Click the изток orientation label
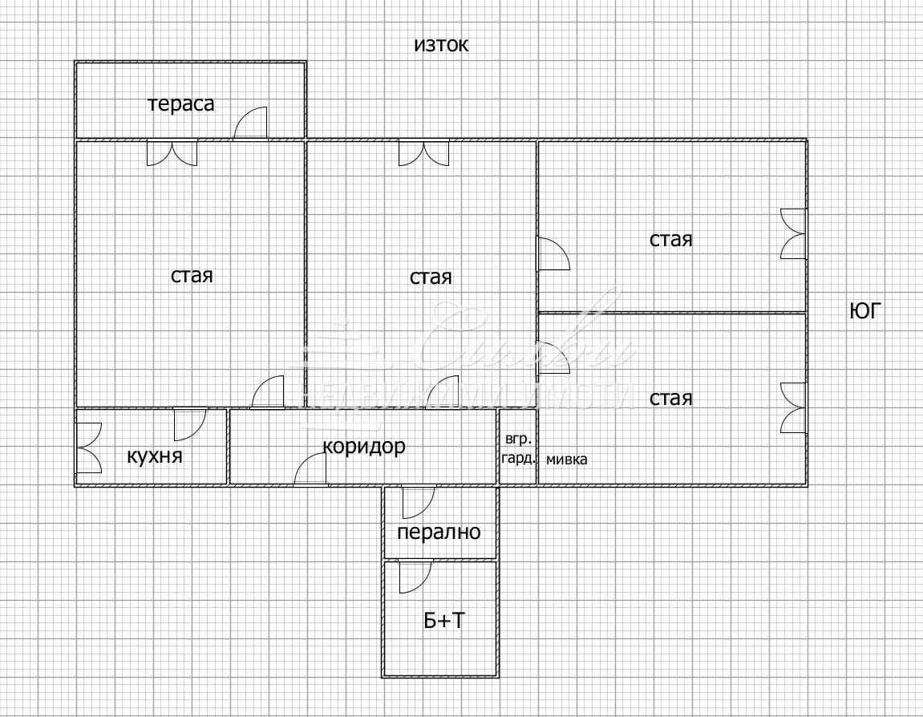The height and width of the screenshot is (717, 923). (440, 45)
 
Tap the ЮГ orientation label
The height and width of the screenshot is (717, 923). (864, 311)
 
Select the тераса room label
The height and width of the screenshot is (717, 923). (181, 103)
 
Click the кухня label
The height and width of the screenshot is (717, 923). (155, 456)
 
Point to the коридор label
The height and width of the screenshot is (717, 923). (364, 446)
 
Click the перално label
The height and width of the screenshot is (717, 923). (439, 532)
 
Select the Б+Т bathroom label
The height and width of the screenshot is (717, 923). (443, 620)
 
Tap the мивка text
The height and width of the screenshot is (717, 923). (566, 460)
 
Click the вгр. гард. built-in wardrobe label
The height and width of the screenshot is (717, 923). (517, 449)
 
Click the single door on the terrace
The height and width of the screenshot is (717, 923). (250, 124)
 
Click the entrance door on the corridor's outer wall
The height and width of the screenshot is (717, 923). (311, 470)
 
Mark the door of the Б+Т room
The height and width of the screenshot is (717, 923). (415, 577)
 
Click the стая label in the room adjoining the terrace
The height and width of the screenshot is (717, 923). (192, 275)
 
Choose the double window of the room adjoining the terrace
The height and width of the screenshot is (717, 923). (172, 152)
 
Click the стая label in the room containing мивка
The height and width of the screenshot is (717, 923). (670, 399)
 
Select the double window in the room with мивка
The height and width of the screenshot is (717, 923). (793, 408)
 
